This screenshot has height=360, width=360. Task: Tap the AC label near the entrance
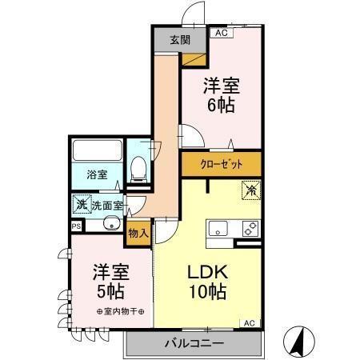[220, 33]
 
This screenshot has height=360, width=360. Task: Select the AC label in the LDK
[249, 322]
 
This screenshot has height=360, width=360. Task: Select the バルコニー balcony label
[194, 343]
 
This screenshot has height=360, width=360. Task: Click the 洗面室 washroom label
[106, 206]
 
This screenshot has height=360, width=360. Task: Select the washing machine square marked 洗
[82, 205]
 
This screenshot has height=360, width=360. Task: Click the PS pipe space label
[76, 226]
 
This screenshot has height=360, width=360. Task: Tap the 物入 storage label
[138, 234]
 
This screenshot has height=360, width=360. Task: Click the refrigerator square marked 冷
[250, 190]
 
